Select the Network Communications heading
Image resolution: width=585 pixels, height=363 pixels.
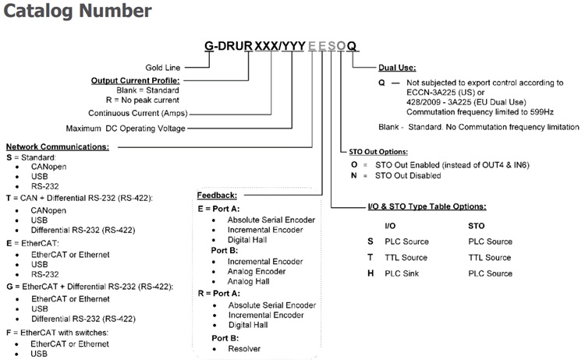(x=57, y=146)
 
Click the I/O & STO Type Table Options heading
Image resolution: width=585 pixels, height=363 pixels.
(x=427, y=206)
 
